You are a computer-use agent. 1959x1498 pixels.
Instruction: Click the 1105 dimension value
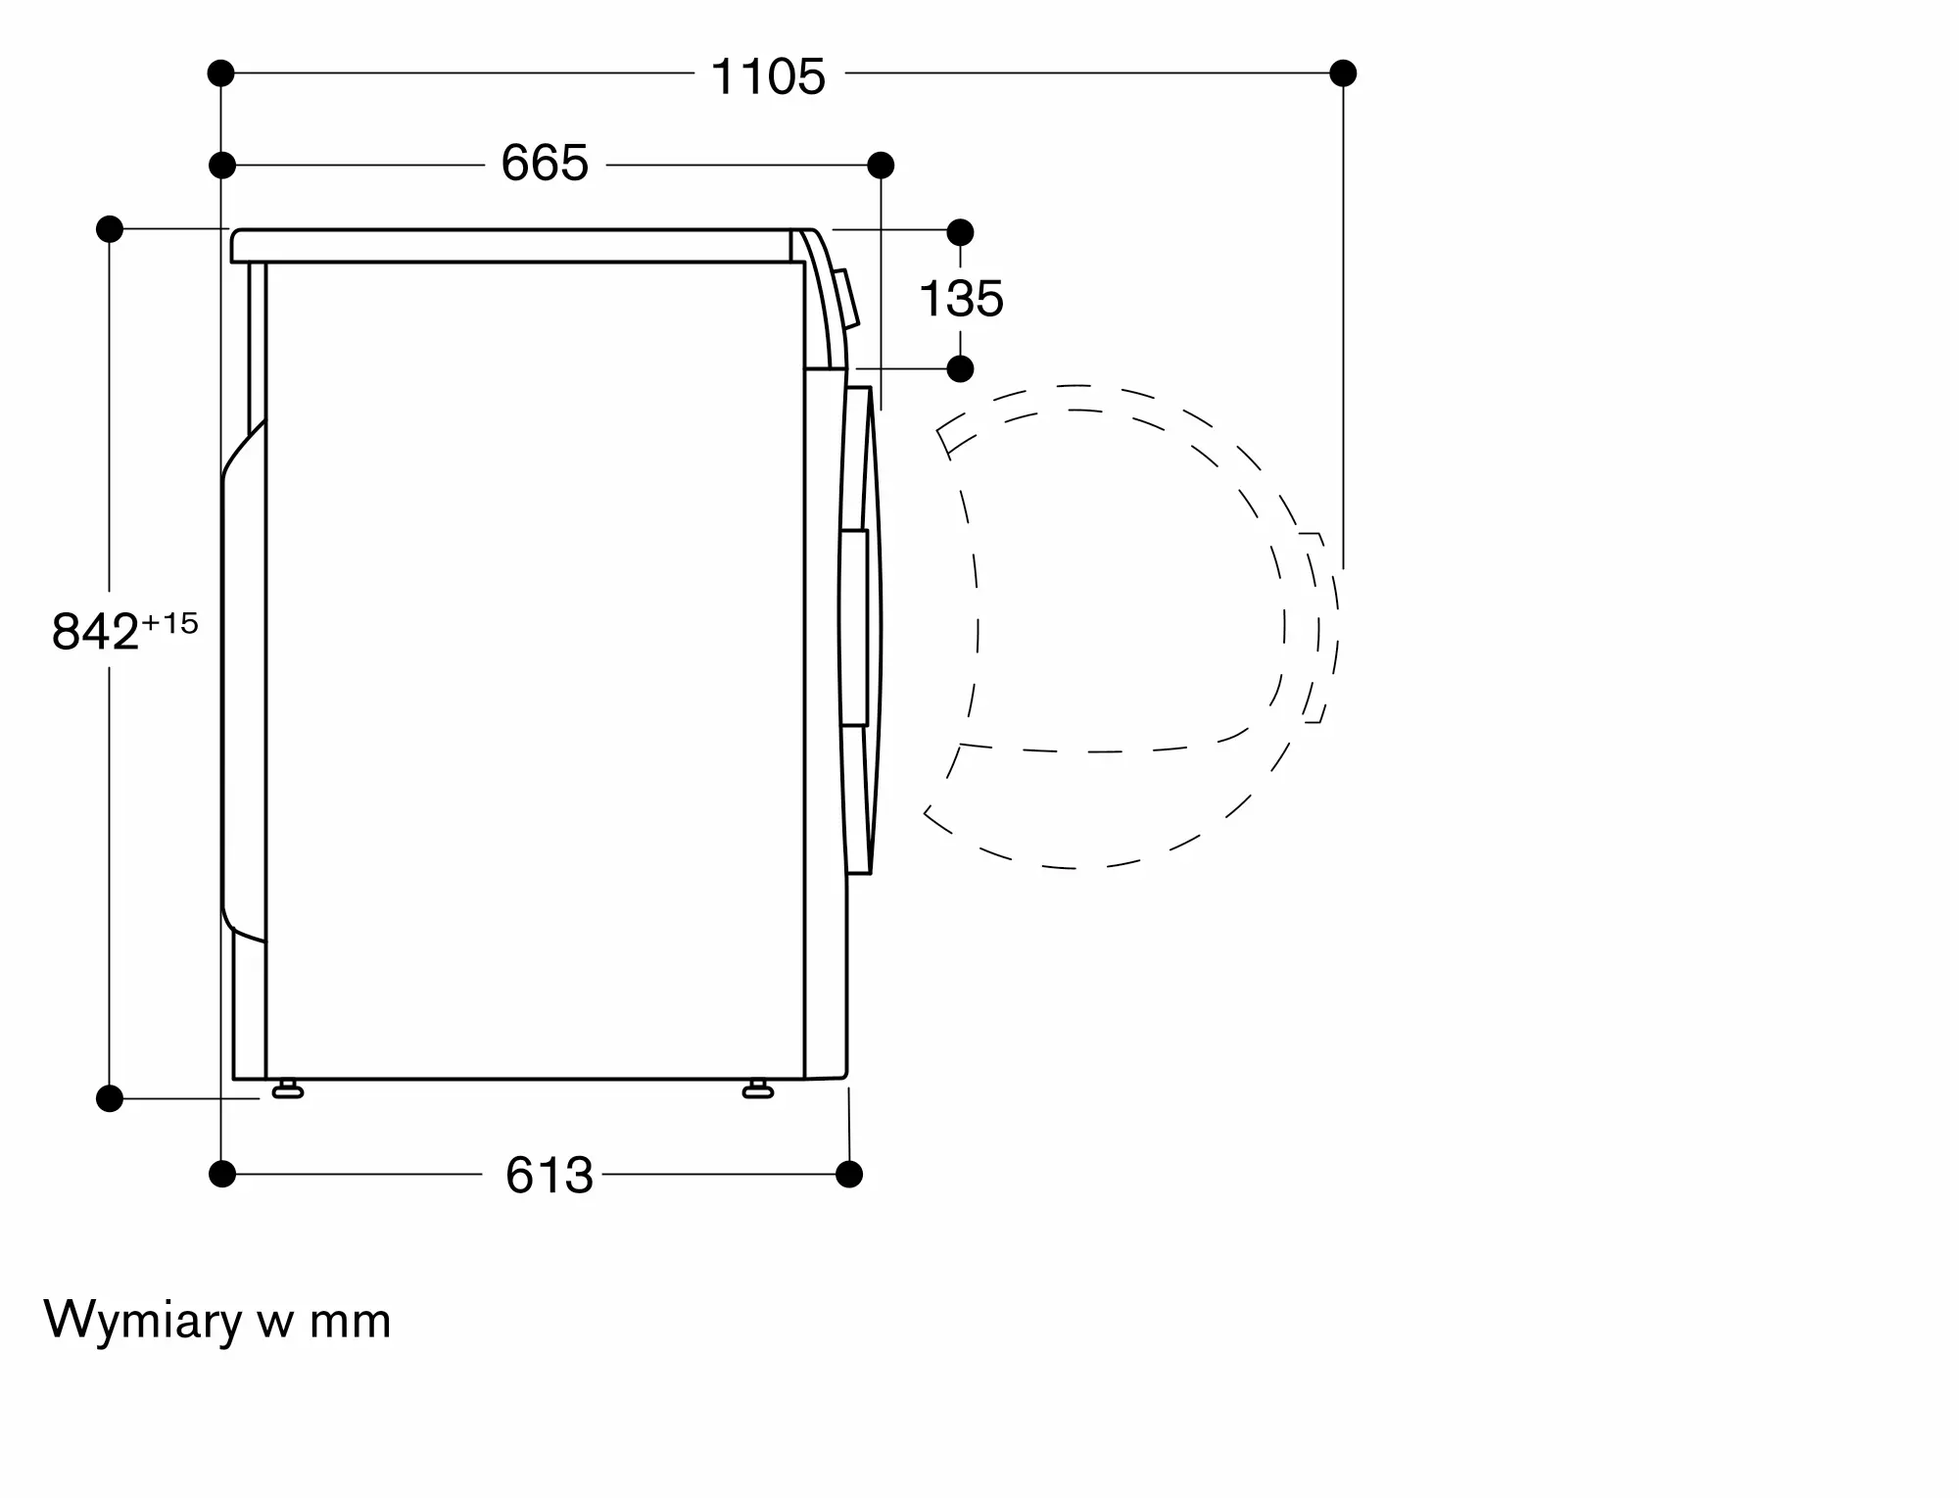(x=768, y=76)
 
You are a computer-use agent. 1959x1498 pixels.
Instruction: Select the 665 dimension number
(x=545, y=163)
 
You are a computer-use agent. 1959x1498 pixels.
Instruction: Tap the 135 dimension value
(x=961, y=299)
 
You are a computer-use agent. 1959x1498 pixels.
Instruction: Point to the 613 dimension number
(x=549, y=1175)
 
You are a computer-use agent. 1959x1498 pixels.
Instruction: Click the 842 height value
(x=95, y=632)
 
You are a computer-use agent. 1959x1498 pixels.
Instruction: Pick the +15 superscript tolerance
(x=170, y=623)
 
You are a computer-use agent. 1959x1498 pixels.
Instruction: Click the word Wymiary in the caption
(x=143, y=1321)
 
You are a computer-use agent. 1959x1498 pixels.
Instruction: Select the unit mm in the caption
(x=350, y=1323)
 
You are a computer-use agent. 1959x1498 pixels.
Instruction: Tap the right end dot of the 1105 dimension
(x=1343, y=72)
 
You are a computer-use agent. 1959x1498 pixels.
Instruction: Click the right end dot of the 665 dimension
(x=881, y=165)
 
